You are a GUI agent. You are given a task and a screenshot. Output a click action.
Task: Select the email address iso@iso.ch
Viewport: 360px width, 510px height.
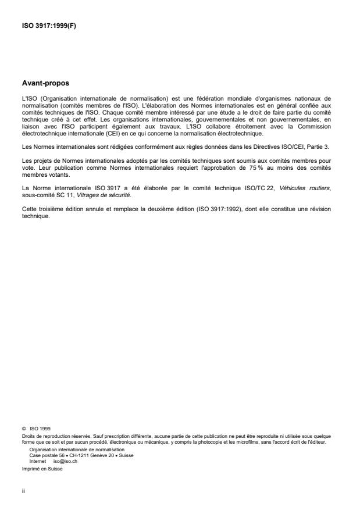66,459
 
